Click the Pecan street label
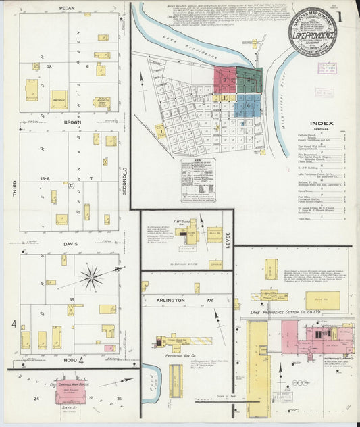[x=66, y=9]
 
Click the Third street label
[x=14, y=184]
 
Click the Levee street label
[x=228, y=239]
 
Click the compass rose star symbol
[x=91, y=276]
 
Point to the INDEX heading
[x=321, y=124]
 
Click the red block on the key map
[x=225, y=79]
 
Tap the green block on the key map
[x=249, y=80]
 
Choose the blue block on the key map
[x=249, y=104]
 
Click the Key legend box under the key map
[x=197, y=181]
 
